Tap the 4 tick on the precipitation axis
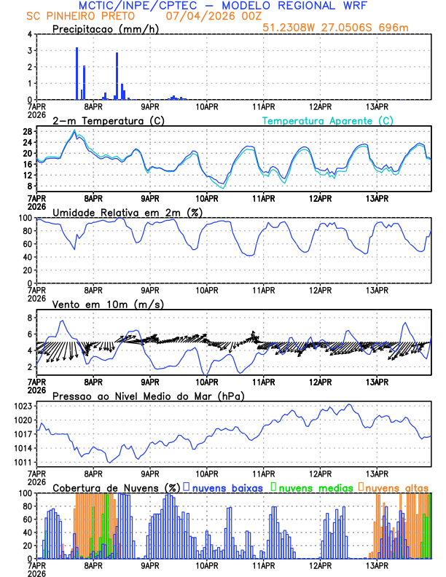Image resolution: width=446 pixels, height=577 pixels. click(x=28, y=34)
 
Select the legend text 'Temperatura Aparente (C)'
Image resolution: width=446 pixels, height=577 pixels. click(x=327, y=120)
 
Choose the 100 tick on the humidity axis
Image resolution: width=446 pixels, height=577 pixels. click(x=23, y=218)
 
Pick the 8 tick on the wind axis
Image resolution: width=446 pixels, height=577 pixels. click(x=28, y=318)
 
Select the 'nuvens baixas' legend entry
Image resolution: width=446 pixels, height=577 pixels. click(x=227, y=487)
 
